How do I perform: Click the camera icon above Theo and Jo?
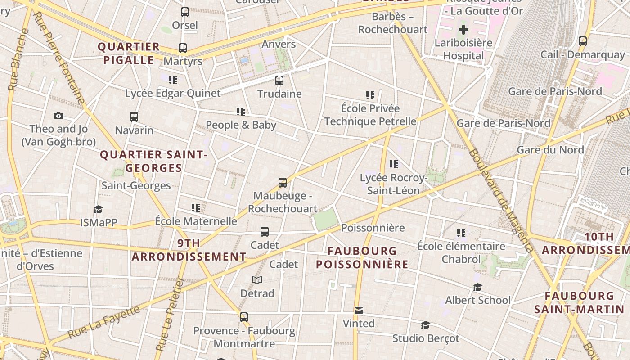[x=58, y=116]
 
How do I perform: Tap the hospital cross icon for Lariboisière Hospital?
[x=463, y=30]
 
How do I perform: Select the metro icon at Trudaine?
[x=279, y=81]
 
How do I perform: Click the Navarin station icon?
[x=134, y=117]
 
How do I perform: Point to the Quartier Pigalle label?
[x=129, y=54]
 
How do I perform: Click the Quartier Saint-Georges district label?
[x=153, y=161]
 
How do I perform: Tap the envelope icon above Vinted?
[x=359, y=310]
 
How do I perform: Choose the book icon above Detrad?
[x=257, y=280]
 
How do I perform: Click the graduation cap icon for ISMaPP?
[x=99, y=209]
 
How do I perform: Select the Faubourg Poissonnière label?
[x=362, y=257]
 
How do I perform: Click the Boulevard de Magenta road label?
[x=500, y=200]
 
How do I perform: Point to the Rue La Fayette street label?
[x=103, y=322]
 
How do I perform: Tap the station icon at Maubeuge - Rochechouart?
[x=283, y=183]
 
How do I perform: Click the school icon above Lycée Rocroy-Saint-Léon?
[x=394, y=165]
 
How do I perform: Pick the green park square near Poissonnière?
[x=325, y=219]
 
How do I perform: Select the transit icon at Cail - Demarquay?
[x=583, y=41]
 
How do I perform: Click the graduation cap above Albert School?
[x=477, y=287]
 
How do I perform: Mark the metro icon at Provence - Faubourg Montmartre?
[x=244, y=317]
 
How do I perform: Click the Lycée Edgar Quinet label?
[x=173, y=93]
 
